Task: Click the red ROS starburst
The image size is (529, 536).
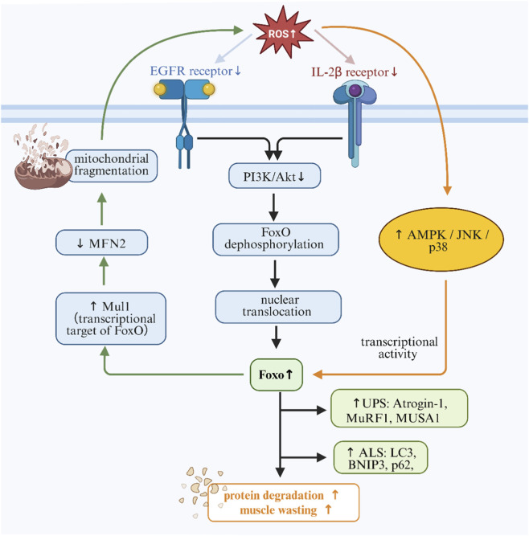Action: point(283,33)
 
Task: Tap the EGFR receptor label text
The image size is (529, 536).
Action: point(195,71)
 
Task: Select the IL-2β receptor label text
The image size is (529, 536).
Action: point(355,72)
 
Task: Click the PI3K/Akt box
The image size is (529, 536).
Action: point(274,176)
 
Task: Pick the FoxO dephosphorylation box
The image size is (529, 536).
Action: point(276,239)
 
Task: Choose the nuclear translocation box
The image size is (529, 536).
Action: point(278,307)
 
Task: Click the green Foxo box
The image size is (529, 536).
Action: point(277,374)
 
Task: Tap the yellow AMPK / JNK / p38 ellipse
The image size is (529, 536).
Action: point(441,239)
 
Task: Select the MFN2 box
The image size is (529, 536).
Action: point(101,243)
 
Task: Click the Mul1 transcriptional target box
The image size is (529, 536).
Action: point(111,318)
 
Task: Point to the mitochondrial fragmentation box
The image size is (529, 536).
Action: point(112,166)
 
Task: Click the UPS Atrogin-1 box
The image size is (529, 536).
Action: point(399,408)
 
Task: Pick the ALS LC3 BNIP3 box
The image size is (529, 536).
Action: point(380,457)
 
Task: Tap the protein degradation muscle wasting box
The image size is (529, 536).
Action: point(284,502)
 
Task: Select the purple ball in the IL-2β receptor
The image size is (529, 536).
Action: point(355,91)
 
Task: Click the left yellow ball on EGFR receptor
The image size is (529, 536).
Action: point(160,89)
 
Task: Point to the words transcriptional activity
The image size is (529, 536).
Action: point(399,348)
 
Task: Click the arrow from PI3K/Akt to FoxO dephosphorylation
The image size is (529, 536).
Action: point(273,207)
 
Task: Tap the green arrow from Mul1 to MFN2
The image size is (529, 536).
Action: point(104,271)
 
